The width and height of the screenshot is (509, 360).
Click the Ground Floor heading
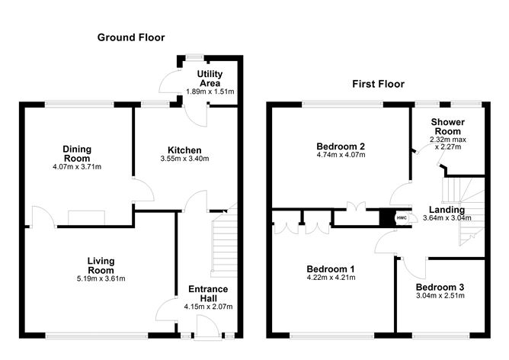pos(130,37)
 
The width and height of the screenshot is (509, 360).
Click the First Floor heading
pos(378,84)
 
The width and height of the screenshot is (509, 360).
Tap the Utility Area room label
pos(210,77)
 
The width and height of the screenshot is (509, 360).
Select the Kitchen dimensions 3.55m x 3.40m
pos(184,159)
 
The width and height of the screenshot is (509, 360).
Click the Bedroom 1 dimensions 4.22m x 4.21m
pos(331,278)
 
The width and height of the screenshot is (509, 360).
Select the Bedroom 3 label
pos(440,287)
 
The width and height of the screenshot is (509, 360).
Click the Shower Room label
pos(447,127)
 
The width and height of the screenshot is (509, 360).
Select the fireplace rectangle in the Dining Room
pos(86,217)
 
